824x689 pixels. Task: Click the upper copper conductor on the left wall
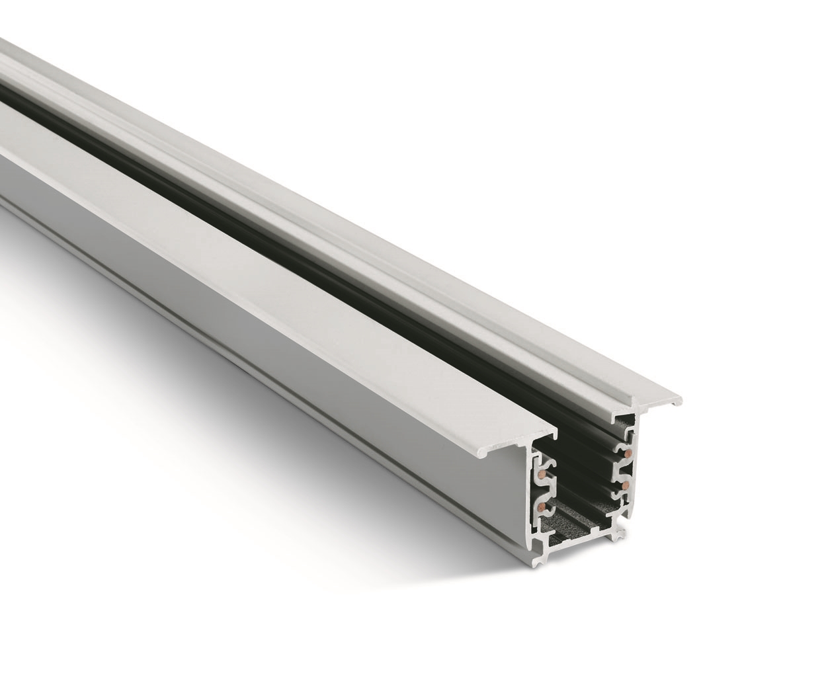pos(543,473)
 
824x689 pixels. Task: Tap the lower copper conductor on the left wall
pos(542,506)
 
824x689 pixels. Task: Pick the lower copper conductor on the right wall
pos(625,485)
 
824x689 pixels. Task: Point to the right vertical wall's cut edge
pos(634,476)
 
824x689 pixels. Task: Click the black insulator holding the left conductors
pos(548,489)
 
